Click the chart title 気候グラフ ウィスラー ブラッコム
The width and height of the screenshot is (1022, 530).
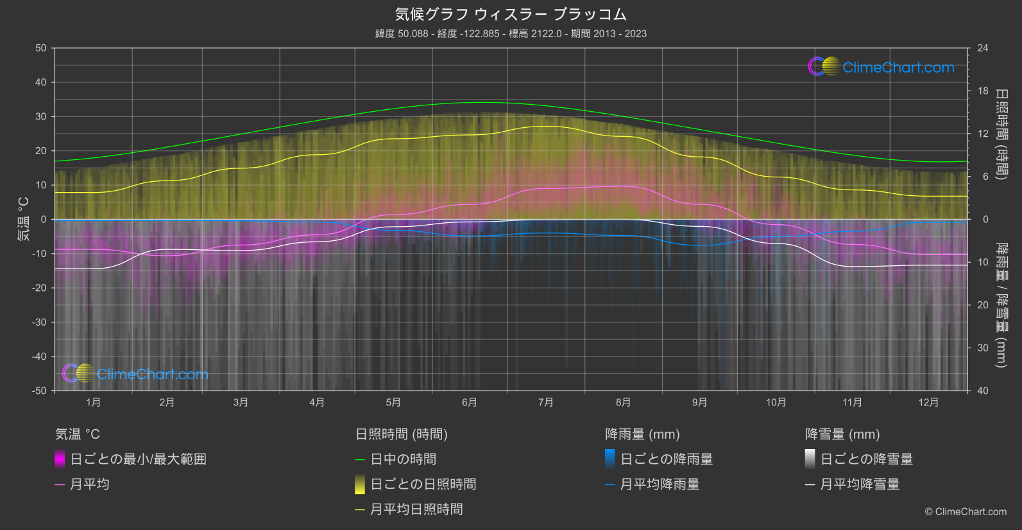coord(511,14)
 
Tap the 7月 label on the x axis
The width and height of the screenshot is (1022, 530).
coord(546,402)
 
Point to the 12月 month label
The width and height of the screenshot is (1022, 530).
coord(928,402)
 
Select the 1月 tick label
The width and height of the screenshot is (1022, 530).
coord(94,402)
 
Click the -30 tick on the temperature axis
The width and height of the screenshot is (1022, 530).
coord(40,322)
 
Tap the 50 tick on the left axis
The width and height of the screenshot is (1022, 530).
coord(41,48)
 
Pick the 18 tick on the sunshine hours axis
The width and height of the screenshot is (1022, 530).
coord(983,91)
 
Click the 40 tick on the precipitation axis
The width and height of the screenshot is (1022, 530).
coord(983,391)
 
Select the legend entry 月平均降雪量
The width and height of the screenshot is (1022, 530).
coord(860,484)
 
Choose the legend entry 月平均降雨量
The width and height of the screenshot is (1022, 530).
coord(660,484)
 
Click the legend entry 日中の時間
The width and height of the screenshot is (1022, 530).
coord(403,459)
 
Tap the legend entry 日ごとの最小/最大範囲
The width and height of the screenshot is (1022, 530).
coord(138,459)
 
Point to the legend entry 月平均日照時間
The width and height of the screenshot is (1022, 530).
coord(416,509)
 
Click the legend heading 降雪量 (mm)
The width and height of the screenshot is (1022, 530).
coord(842,434)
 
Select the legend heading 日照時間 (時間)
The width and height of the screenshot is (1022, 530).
coord(402,434)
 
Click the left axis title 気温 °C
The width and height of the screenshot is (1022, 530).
coord(23,219)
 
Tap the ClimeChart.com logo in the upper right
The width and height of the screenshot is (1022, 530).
coord(881,67)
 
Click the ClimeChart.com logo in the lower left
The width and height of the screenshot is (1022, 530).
coord(135,373)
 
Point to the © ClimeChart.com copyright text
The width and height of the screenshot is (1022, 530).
coord(966,511)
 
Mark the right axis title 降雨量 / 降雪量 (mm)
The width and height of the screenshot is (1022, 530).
coord(1001,305)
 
